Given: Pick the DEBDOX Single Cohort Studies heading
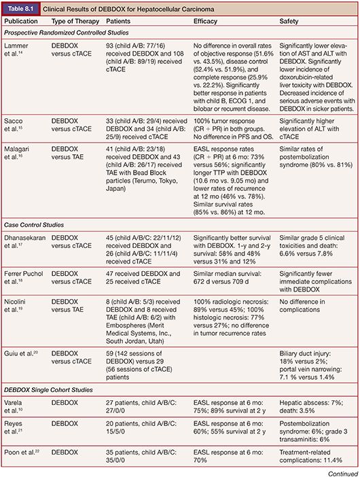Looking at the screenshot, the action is pos(52,389).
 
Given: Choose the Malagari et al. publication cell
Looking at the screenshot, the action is pos(23,176).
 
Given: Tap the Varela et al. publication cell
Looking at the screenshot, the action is pos(20,406).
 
